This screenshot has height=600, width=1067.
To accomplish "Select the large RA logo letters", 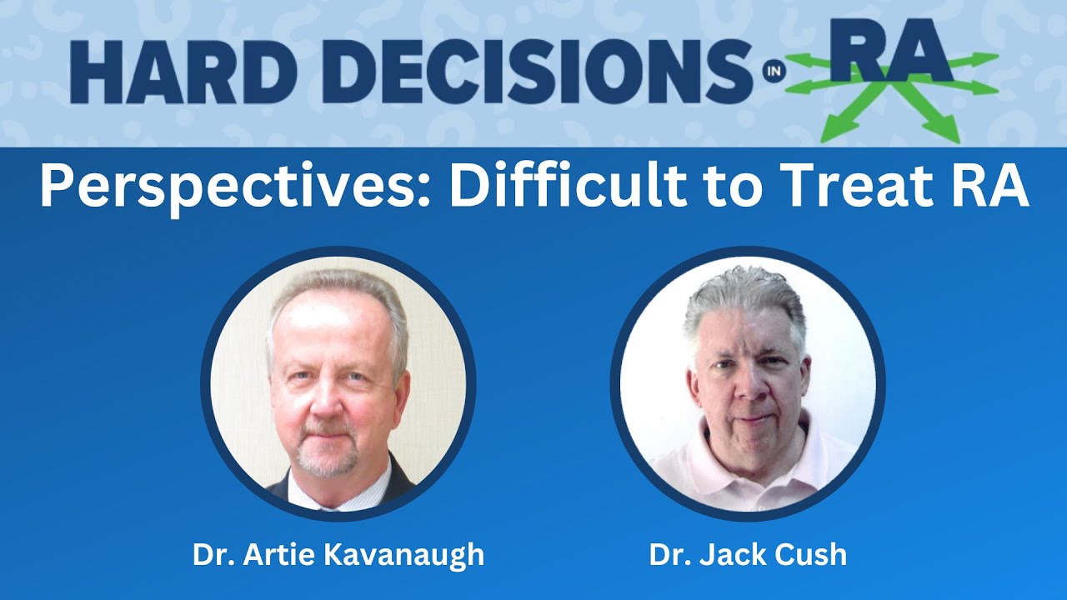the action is (x=892, y=50).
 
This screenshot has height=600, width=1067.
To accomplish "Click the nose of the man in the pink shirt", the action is (x=750, y=386).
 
